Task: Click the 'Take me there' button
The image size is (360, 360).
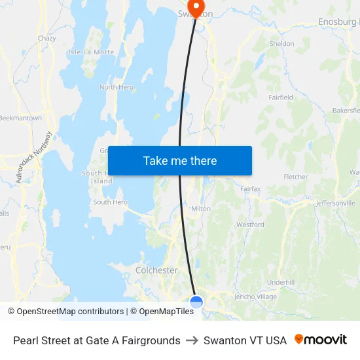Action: (x=180, y=161)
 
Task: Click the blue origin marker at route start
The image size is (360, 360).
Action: (x=196, y=302)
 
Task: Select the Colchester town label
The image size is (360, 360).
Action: (x=156, y=270)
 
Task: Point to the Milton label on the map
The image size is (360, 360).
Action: (x=201, y=209)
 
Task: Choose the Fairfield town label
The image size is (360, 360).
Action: (x=281, y=98)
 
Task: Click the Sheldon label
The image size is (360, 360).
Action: (x=281, y=44)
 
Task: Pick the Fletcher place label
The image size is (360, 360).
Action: (x=296, y=177)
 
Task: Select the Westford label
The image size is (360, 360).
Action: (x=250, y=225)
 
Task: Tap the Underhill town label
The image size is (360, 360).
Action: (x=281, y=282)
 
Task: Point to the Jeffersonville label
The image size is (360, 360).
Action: (x=335, y=203)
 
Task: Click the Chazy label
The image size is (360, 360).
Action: (x=46, y=39)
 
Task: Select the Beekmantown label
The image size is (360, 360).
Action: (x=20, y=118)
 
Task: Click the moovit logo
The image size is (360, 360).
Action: (x=321, y=340)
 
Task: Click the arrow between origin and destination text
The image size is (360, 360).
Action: (x=192, y=340)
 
